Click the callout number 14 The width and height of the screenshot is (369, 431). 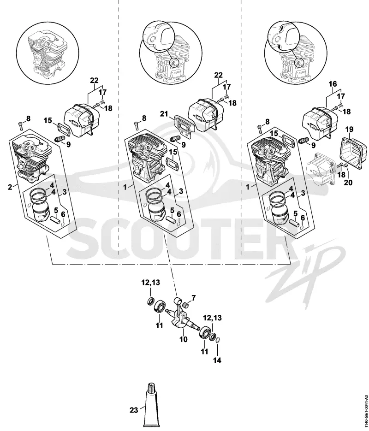tap(217, 360)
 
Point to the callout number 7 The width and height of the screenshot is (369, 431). tap(194, 298)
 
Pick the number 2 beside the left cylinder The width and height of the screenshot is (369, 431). tap(10, 187)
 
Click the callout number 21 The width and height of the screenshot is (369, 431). tap(164, 114)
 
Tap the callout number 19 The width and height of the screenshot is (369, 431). tap(350, 129)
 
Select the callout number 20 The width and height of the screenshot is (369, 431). tap(348, 182)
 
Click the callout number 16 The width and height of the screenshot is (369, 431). tap(333, 84)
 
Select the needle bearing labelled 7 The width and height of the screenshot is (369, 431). tap(187, 304)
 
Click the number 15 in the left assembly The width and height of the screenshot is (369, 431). tap(48, 120)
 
